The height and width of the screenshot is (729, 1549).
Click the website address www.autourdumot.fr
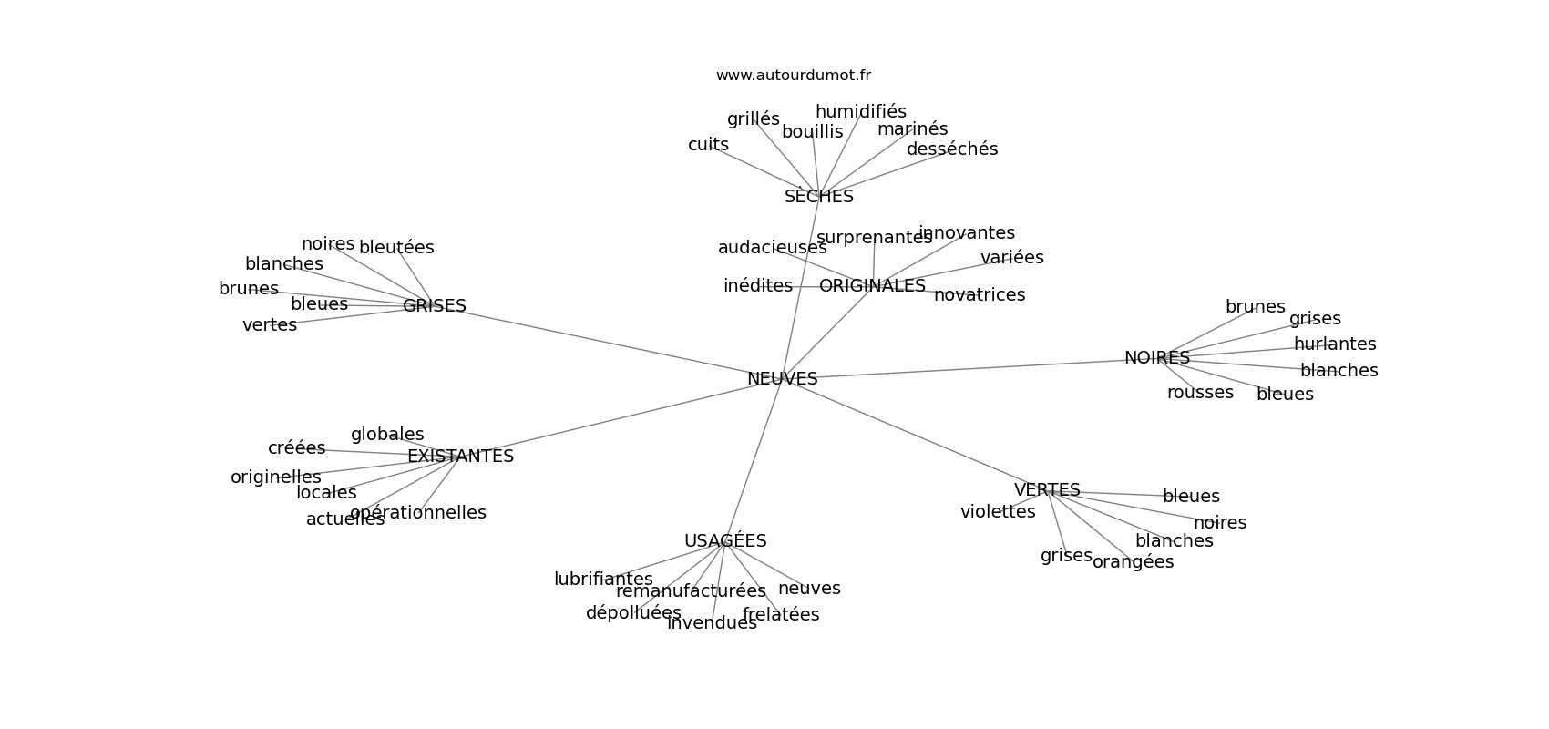pos(793,76)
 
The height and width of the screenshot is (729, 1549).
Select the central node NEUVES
pos(782,379)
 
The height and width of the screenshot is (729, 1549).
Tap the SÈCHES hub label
pos(818,197)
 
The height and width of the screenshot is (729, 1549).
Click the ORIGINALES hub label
pos(872,286)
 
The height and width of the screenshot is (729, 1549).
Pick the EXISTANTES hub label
pos(460,457)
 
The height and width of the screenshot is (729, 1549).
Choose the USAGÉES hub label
pos(725,541)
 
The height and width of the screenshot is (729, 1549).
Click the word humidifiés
pos(860,112)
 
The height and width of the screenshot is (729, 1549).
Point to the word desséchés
pos(951,149)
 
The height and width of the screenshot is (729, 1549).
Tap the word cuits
pos(708,145)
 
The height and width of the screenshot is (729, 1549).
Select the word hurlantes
pos(1334,344)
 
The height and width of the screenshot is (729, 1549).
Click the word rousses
pos(1200,393)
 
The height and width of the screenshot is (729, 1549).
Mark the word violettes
pos(997,512)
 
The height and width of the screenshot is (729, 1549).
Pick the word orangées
pos(1133,562)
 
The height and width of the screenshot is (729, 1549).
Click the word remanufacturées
pos(691,591)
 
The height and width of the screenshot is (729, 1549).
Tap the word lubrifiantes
pos(603,580)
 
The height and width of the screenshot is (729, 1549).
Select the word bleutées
pos(396,248)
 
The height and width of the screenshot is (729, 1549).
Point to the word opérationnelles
pos(417,513)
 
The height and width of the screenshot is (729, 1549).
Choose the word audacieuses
pos(772,248)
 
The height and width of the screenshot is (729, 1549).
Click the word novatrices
pos(979,295)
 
